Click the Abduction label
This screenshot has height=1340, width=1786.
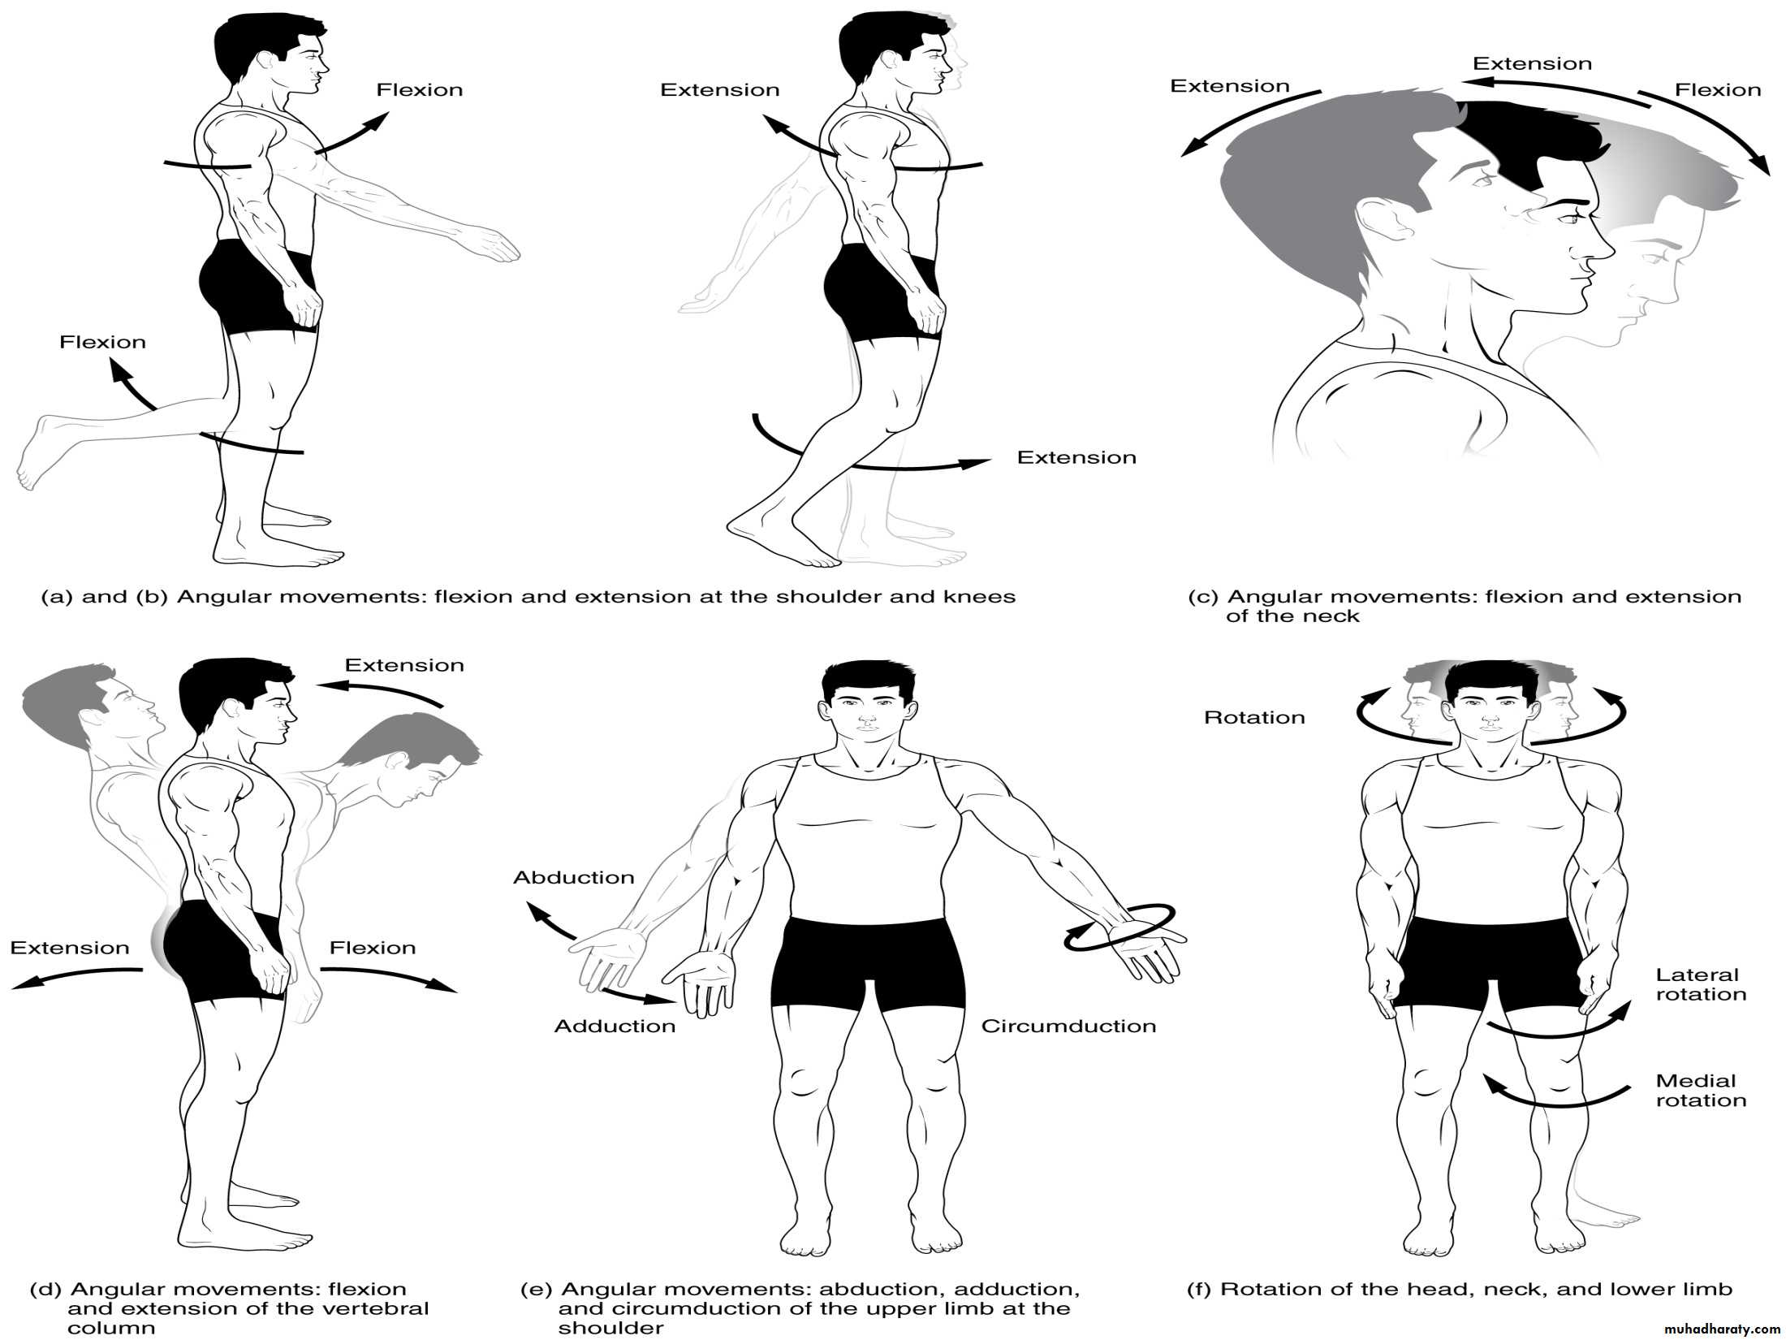tap(574, 878)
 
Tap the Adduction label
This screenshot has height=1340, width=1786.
tap(615, 1027)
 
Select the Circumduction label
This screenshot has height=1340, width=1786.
tap(1068, 1027)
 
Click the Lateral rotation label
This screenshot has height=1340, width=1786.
tap(1701, 984)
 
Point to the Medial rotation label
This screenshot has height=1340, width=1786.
tap(1701, 1091)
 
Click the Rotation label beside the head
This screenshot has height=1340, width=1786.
tap(1254, 718)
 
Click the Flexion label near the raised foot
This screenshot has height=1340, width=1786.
tap(102, 343)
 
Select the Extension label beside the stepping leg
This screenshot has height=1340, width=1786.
tap(1076, 458)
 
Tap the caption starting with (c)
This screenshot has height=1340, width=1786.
tap(1465, 607)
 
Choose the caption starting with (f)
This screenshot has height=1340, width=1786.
tap(1460, 1290)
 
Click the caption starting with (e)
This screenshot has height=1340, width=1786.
tap(800, 1309)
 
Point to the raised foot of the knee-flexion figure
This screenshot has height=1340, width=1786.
tap(36, 452)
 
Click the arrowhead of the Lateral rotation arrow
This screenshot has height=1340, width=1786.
tap(1619, 1010)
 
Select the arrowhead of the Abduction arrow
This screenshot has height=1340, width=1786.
tap(537, 911)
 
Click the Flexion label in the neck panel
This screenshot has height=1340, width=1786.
tap(1718, 90)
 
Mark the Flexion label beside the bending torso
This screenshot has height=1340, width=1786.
tap(373, 949)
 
